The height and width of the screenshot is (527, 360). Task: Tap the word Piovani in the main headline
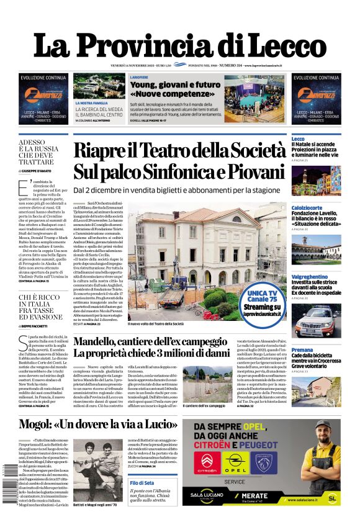tap(248, 171)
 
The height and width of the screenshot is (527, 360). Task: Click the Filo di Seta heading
tap(142, 483)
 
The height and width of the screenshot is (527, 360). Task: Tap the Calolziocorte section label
tap(307, 207)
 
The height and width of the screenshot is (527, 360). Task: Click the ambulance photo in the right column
tap(316, 320)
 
